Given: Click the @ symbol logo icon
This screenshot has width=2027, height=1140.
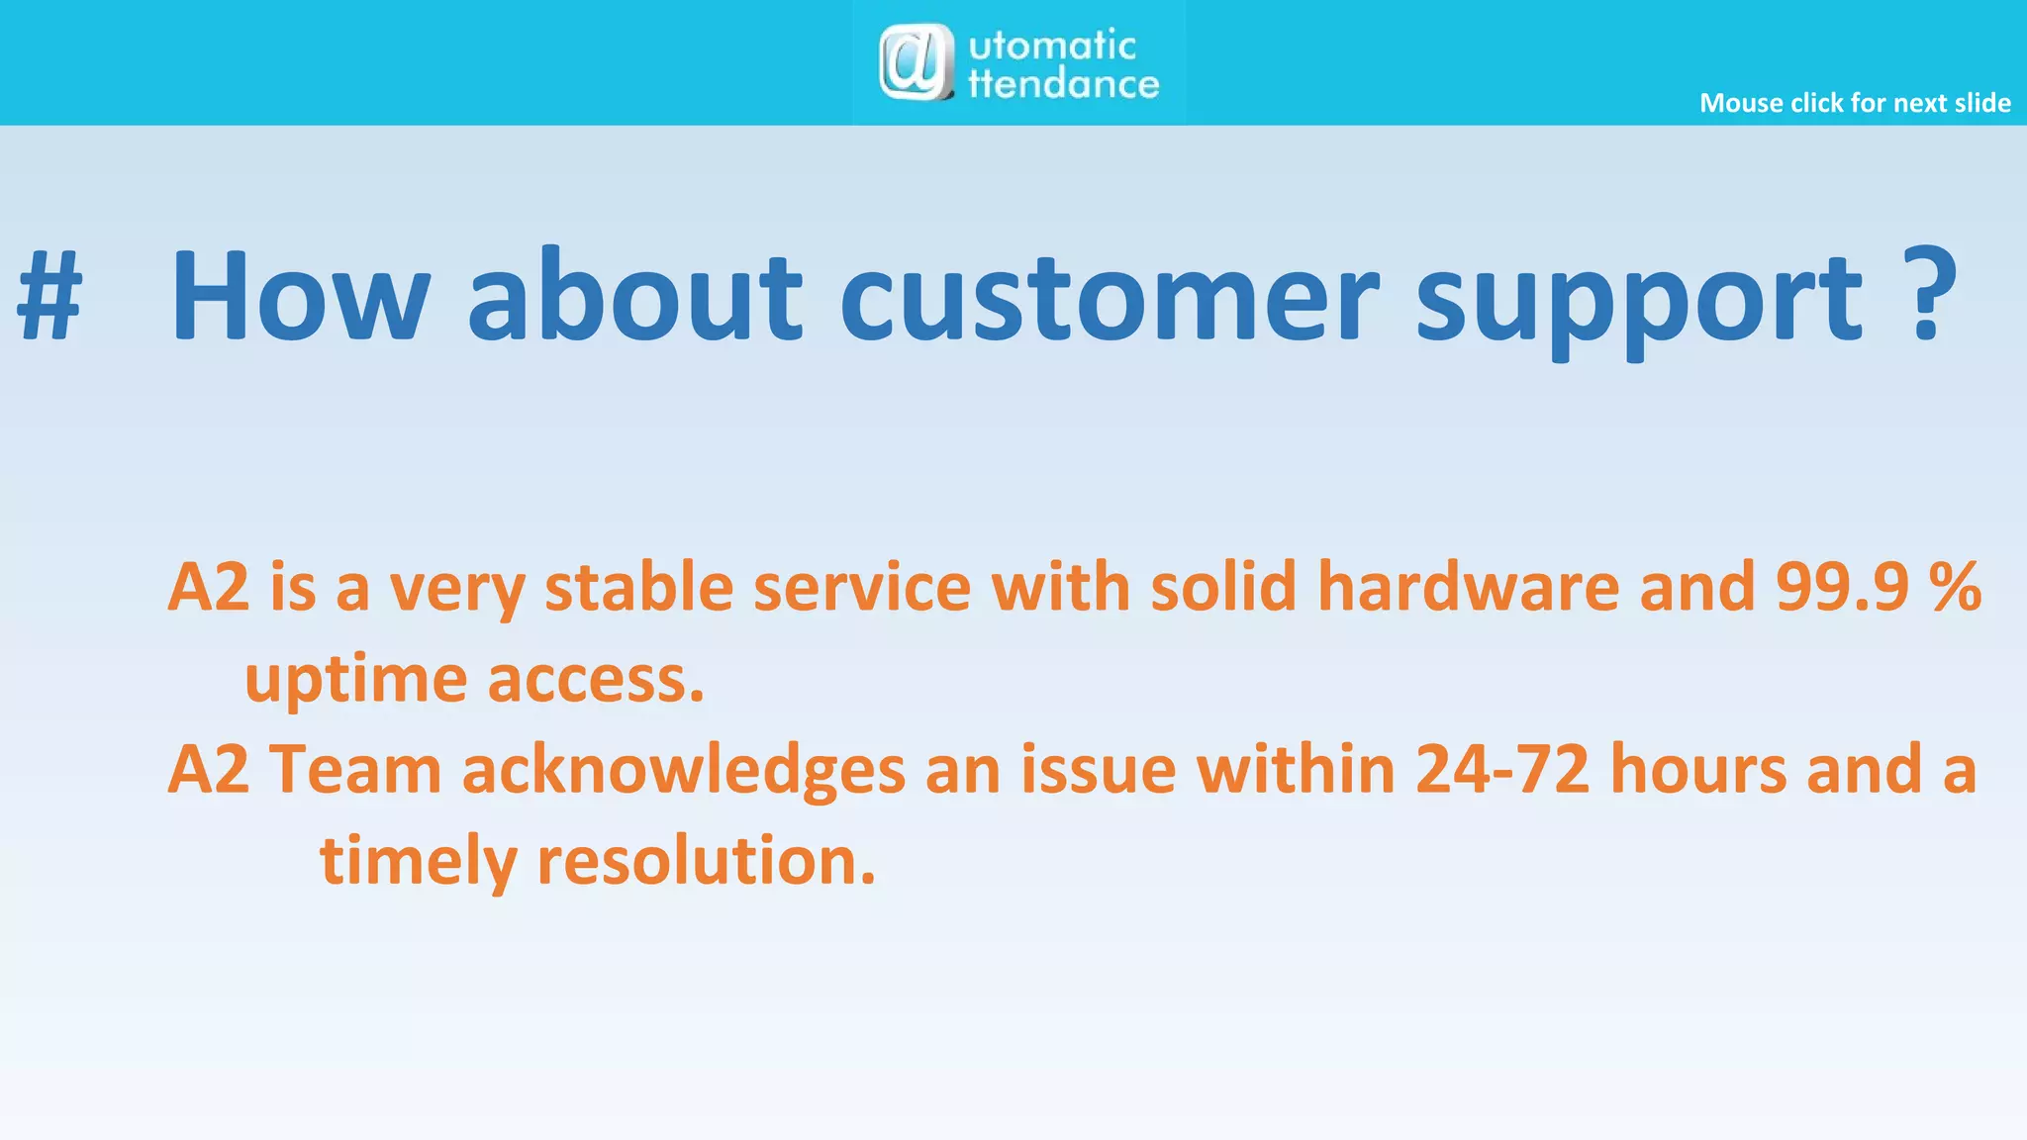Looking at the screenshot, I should [x=916, y=62].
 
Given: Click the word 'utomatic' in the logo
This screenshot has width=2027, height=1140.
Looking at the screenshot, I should [x=1052, y=46].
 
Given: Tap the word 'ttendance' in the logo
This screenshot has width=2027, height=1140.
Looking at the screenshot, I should [x=1064, y=85].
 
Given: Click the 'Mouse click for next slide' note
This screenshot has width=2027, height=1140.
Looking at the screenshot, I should [x=1855, y=103].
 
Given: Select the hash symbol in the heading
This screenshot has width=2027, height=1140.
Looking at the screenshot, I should [x=49, y=297].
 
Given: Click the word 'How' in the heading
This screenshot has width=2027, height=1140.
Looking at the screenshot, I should [x=300, y=297].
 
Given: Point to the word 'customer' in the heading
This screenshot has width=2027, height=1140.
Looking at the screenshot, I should [x=1109, y=297].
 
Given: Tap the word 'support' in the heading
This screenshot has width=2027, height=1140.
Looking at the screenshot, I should [x=1640, y=302].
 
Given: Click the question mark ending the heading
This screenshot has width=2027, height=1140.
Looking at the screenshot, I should [x=1929, y=294].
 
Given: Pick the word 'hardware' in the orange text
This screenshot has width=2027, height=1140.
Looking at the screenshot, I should [x=1468, y=587].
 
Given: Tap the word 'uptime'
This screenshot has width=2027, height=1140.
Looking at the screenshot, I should [x=355, y=681].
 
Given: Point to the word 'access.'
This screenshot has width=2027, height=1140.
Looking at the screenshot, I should [x=596, y=681].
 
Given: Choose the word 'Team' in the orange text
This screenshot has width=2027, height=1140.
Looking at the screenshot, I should [x=355, y=770].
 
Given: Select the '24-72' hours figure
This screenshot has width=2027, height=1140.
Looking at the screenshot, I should [x=1502, y=770].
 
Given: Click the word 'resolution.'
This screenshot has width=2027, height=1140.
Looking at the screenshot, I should [x=706, y=861].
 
